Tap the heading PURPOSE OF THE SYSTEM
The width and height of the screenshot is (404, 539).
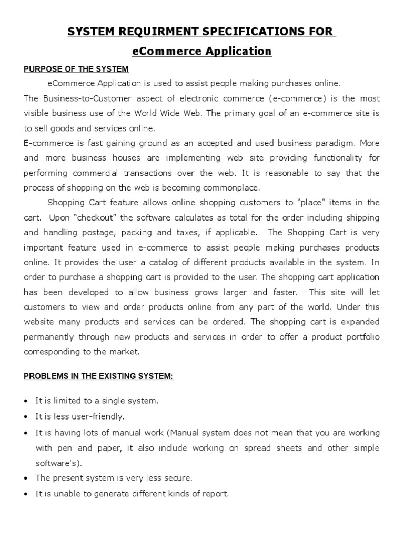click(76, 69)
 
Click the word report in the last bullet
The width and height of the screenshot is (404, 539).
click(216, 494)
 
